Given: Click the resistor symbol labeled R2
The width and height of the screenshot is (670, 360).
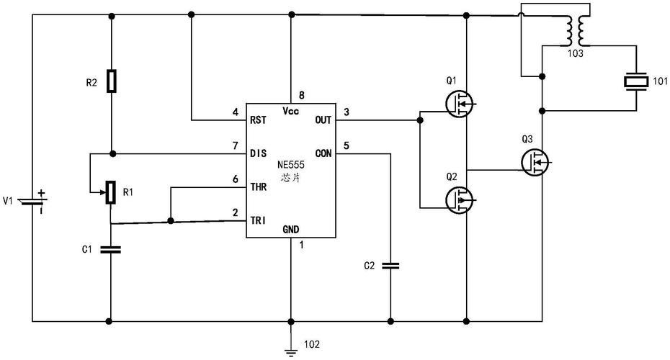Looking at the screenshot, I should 110,81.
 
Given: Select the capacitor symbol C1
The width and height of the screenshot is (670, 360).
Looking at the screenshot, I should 110,249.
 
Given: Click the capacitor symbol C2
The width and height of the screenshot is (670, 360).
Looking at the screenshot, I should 390,266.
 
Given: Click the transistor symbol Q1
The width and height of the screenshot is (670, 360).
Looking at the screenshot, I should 460,105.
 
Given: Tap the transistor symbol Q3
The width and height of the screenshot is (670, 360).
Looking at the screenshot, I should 535,161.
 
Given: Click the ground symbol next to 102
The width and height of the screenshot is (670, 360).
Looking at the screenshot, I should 291,351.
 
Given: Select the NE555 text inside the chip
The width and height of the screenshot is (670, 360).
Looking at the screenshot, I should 291,165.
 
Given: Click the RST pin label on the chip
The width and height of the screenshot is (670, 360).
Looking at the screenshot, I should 258,120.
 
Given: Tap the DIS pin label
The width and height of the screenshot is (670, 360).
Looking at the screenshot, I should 258,153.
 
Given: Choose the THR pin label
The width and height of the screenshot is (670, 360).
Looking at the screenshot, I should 259,186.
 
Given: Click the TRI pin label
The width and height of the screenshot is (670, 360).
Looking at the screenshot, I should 258,220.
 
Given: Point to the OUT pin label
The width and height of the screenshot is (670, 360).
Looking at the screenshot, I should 323,120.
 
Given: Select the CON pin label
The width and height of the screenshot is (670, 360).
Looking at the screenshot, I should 323,153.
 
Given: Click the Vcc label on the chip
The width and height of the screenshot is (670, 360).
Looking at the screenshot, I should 291,111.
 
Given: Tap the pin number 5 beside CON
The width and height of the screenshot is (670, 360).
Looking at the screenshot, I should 347,146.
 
